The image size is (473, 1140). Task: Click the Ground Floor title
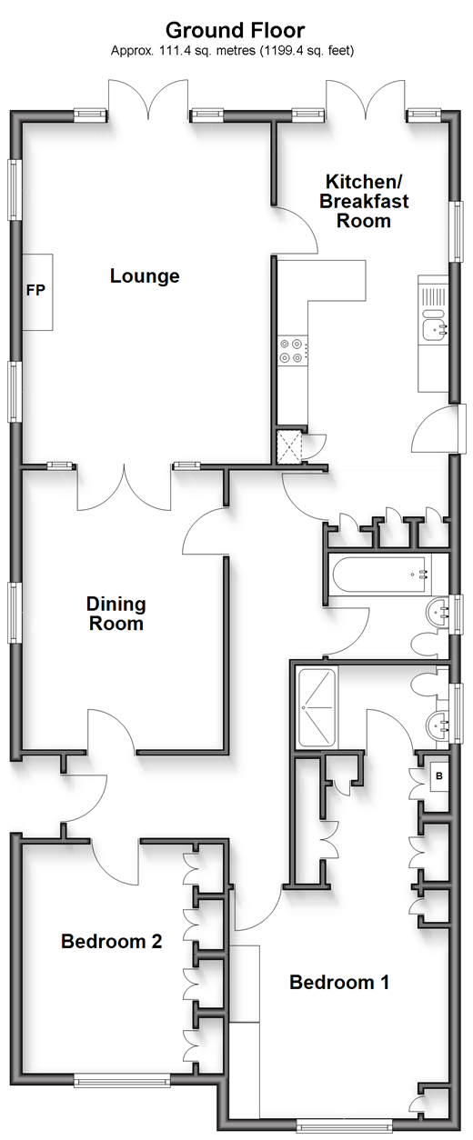coord(236,31)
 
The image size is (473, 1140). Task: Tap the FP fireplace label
coord(35,291)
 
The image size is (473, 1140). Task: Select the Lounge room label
coord(145,276)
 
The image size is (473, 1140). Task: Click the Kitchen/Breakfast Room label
coord(364,201)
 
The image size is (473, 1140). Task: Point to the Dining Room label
coord(116,614)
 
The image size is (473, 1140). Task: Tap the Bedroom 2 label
coord(112,941)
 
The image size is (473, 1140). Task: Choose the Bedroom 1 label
coord(339,982)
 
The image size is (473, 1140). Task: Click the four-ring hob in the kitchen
coord(292,351)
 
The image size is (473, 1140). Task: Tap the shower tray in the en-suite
coord(317,708)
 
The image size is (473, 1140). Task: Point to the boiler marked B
coord(439,776)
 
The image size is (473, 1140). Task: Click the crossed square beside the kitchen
coord(289,447)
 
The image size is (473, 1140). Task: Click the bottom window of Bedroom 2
coord(122,1081)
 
